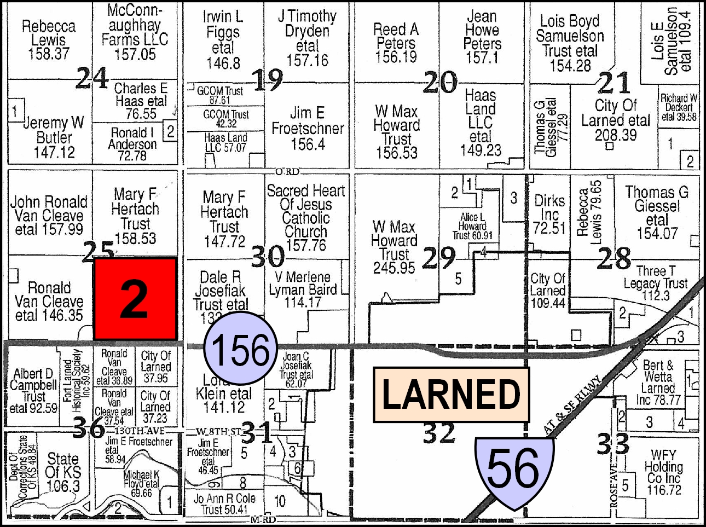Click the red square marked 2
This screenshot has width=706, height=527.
pos(135,299)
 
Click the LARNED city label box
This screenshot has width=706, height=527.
pos(451,395)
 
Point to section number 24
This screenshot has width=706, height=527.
pos(91,78)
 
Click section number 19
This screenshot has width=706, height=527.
pos(268,80)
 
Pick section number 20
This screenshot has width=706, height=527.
pos(439,82)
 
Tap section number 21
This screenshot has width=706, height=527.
pos(614,83)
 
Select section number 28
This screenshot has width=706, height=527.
pos(614,258)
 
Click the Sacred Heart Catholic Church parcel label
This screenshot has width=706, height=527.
pos(306,218)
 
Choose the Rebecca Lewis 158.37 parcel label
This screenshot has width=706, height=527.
pos(49,40)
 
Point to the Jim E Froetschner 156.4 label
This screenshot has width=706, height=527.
pos(308,129)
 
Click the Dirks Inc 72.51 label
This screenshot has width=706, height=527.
pos(549,214)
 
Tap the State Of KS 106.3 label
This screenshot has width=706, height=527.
pos(63,472)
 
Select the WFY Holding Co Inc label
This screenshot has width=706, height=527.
pos(663,472)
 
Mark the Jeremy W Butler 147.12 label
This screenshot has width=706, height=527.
pos(54,137)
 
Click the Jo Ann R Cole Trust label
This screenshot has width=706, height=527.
pos(224,504)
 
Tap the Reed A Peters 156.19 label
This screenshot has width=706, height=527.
pos(396,43)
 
